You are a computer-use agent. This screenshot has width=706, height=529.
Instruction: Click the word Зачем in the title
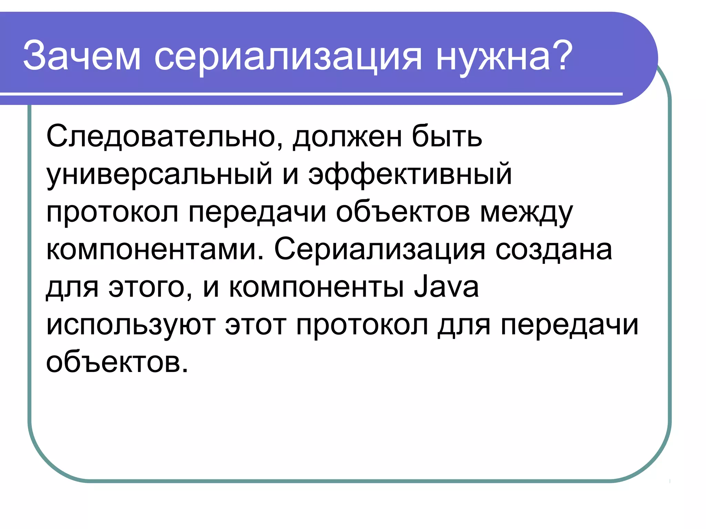pyautogui.click(x=82, y=56)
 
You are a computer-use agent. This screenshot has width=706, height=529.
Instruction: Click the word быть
pyautogui.click(x=447, y=136)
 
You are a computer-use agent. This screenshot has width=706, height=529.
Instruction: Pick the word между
pyautogui.click(x=526, y=213)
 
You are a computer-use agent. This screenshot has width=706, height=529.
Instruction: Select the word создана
pyautogui.click(x=554, y=250)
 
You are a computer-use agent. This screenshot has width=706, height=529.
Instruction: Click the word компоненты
pyautogui.click(x=316, y=288)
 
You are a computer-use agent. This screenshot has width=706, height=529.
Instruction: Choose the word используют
pyautogui.click(x=131, y=325)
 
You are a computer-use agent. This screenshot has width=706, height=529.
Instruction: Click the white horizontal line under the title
pyautogui.click(x=310, y=94)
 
